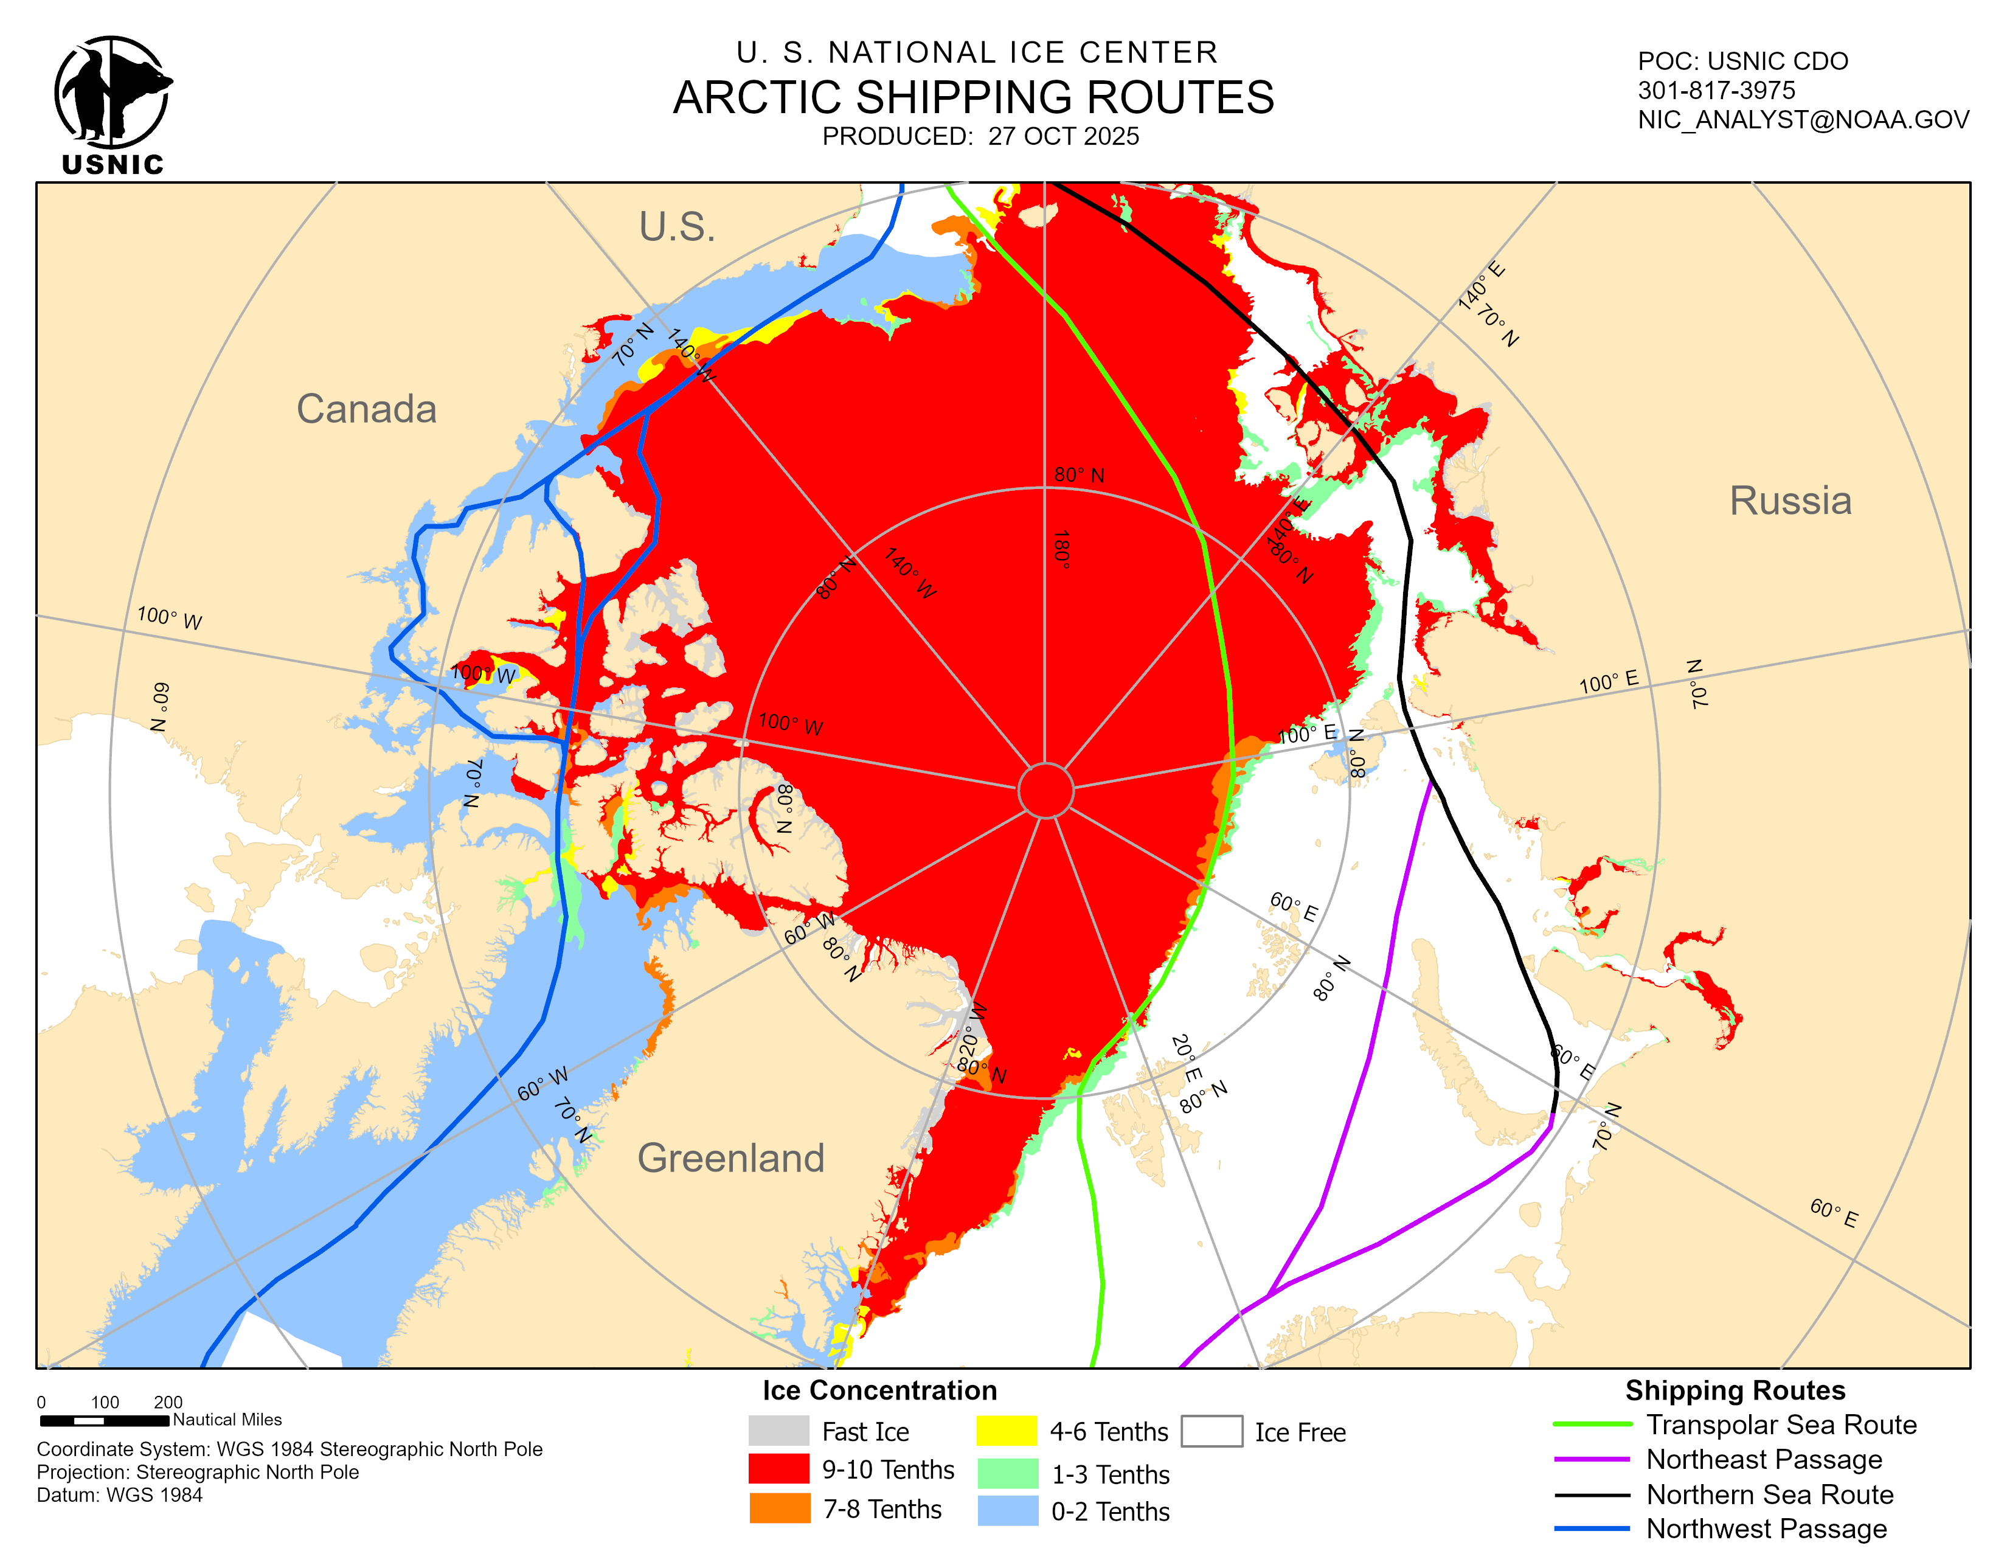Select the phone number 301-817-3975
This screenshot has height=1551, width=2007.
pyautogui.click(x=1716, y=90)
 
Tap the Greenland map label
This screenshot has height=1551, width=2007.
pyautogui.click(x=730, y=1157)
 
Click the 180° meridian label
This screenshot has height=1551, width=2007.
pyautogui.click(x=1061, y=549)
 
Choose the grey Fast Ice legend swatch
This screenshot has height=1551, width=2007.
pyautogui.click(x=778, y=1431)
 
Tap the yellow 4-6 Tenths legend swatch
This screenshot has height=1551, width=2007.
pyautogui.click(x=1007, y=1431)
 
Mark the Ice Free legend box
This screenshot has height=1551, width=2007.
pyautogui.click(x=1211, y=1431)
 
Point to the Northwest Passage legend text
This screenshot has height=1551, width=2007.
pyautogui.click(x=1766, y=1529)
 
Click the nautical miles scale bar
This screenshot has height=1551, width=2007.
pyautogui.click(x=105, y=1420)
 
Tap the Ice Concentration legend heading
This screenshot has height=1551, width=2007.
pyautogui.click(x=879, y=1390)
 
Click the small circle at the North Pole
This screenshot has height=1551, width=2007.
pyautogui.click(x=1046, y=789)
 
